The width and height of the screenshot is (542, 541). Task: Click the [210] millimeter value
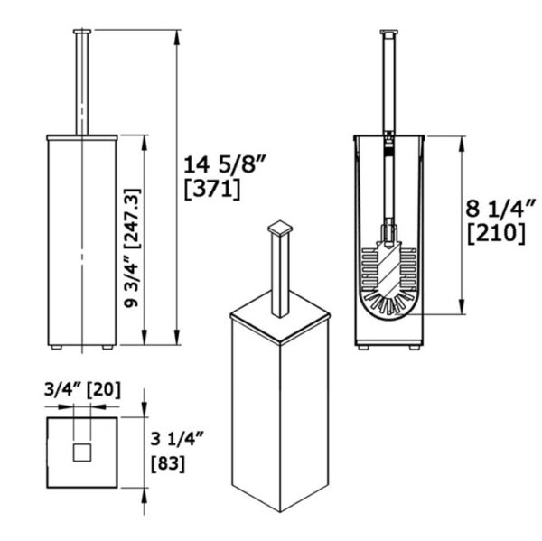pos(496,232)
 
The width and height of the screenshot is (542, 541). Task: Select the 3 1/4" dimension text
pos(174,442)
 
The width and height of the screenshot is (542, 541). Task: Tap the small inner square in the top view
pos(82,452)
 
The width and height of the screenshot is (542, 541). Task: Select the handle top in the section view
pos(389,34)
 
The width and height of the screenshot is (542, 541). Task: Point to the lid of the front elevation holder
pos(82,137)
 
